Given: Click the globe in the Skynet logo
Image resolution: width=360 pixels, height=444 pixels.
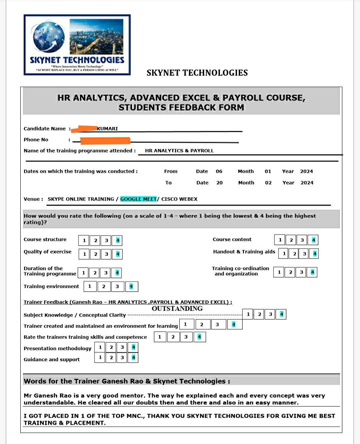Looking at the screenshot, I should [49, 37].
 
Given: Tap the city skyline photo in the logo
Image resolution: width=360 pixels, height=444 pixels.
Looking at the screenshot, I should [96, 36].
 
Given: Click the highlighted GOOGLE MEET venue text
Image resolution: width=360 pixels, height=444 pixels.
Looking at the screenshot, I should [138, 199].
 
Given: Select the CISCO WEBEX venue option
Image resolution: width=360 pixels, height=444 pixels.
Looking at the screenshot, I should [179, 199].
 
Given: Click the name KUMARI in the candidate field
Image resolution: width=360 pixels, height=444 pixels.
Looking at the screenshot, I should [107, 129].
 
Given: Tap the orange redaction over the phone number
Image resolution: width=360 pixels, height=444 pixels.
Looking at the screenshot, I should [105, 140].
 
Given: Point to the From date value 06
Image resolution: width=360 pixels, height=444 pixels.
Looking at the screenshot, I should [219, 171].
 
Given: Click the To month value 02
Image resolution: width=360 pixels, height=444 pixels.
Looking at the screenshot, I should [268, 183].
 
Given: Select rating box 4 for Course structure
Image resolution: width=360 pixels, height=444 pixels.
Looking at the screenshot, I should [117, 240].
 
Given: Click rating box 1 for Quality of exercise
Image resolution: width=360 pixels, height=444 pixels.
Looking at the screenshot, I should [84, 254].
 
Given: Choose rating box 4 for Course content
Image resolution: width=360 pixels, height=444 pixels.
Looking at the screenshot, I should [313, 240].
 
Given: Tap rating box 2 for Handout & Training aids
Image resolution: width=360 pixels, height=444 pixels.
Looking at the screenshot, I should [294, 254].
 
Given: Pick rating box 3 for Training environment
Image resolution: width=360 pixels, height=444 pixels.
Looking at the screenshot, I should [117, 287].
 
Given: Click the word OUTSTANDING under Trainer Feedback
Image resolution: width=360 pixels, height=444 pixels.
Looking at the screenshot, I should [177, 309].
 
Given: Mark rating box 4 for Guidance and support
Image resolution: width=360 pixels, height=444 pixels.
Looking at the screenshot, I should [133, 358].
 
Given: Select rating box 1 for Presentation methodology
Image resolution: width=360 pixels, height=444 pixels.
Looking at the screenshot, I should [100, 347].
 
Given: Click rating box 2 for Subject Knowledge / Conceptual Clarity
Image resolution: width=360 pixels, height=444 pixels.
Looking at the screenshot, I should [259, 314].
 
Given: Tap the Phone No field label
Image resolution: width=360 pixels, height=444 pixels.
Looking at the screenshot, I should [36, 140].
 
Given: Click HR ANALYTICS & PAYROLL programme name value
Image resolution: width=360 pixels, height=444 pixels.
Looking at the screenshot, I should [179, 151].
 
